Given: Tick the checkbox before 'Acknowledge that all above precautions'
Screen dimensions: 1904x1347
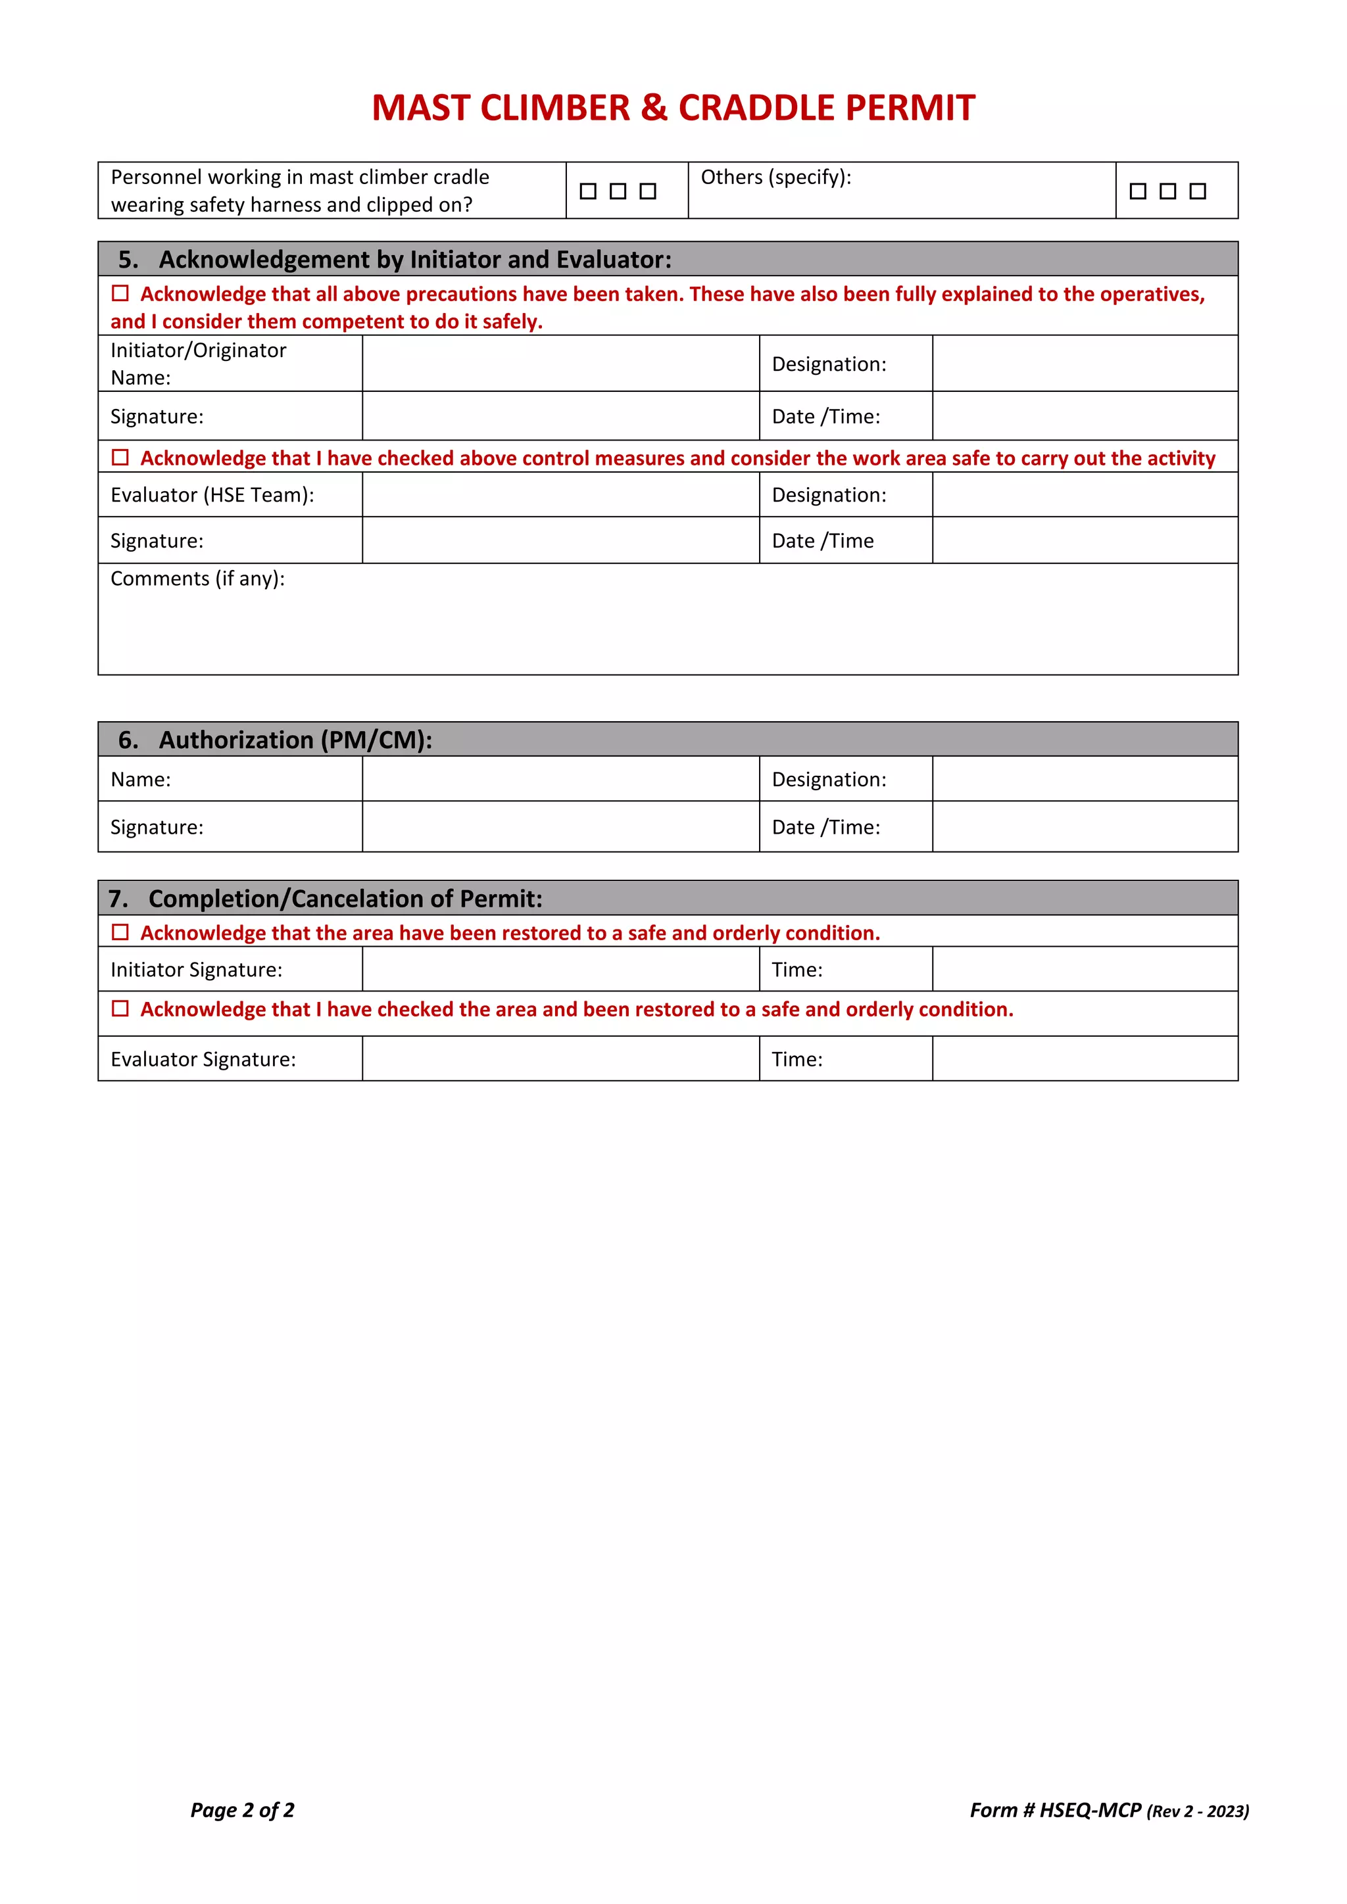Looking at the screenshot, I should coord(120,294).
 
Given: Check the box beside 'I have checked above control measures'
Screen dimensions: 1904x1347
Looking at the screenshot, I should coord(120,458).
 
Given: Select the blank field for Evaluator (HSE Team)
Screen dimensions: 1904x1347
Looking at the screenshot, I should coord(560,495).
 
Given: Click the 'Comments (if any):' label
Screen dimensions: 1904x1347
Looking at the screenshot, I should coord(197,579).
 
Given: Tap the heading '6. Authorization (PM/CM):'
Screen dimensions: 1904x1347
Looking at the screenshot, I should coord(274,740).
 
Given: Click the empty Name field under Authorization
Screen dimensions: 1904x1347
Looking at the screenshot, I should coord(560,780).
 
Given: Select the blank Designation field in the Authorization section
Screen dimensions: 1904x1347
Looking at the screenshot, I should coord(1084,780).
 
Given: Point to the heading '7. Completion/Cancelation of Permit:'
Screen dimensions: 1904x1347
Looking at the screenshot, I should coord(325,899).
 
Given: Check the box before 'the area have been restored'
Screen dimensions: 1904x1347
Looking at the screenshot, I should coord(120,933).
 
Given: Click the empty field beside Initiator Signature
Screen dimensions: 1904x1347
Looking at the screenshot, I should coord(560,969).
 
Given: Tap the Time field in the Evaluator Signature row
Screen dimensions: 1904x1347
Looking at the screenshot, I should coord(1084,1059).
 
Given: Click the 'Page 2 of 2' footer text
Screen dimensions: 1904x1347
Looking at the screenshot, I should coord(242,1810).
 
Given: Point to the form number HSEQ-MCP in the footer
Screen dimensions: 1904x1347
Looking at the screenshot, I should coord(1090,1810).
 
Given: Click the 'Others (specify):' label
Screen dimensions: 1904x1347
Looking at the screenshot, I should coord(775,178).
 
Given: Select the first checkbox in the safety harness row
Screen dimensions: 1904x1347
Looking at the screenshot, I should coord(588,191).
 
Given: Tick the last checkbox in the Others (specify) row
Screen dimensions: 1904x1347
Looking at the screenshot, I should coord(1197,191).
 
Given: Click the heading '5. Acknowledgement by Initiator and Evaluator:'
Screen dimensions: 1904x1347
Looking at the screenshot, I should coord(394,260).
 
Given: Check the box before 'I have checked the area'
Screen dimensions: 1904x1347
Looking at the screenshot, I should coord(120,1009).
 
